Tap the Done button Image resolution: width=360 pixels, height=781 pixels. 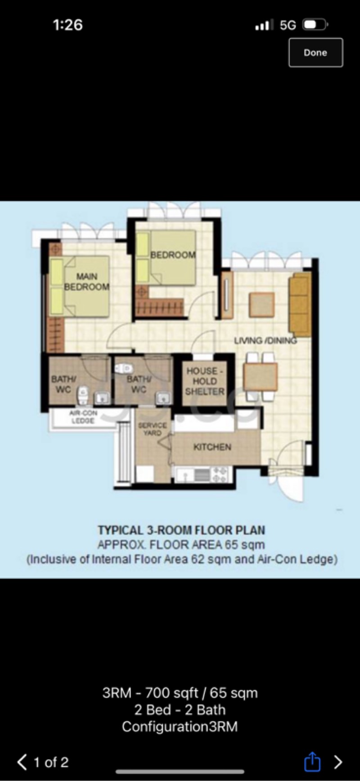315,53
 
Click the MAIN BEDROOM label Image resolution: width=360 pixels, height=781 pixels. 86,282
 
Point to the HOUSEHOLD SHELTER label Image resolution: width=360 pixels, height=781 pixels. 205,381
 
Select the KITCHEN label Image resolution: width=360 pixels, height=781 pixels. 212,447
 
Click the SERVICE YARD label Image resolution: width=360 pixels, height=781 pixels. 152,429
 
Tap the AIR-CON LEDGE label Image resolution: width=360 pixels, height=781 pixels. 83,417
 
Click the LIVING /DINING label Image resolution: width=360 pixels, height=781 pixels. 265,340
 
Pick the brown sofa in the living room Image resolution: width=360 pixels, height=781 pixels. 300,304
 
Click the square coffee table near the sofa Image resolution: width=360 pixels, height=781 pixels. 261,305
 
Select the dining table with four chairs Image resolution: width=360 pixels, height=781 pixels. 260,377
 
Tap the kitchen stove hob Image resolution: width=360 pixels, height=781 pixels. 220,474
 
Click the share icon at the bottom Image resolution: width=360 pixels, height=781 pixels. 312,762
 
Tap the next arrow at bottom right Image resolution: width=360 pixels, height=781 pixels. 338,762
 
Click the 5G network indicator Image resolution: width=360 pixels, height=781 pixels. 288,25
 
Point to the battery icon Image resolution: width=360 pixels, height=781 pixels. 315,25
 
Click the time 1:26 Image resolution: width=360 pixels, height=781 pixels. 67,25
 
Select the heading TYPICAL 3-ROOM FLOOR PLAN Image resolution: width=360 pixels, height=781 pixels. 181,530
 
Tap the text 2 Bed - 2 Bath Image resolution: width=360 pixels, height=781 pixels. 180,710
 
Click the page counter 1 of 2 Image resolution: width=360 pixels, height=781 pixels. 51,762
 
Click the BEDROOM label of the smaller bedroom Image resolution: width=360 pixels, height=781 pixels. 173,255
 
